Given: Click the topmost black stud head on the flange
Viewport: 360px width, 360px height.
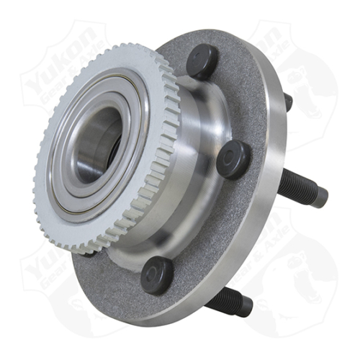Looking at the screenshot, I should pyautogui.click(x=202, y=60).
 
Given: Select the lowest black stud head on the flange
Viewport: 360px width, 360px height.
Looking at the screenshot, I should pyautogui.click(x=156, y=274).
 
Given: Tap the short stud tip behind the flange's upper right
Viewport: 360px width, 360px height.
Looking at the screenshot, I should pyautogui.click(x=288, y=102).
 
